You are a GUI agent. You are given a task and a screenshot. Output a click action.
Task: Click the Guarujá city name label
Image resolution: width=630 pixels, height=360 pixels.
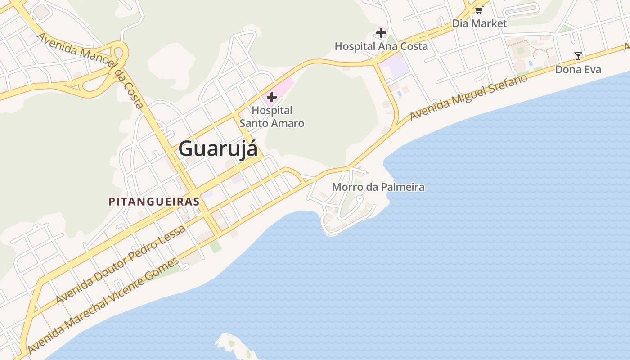point(218,148)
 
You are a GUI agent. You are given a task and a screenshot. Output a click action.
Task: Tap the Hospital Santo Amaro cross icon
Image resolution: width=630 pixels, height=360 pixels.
point(271,97)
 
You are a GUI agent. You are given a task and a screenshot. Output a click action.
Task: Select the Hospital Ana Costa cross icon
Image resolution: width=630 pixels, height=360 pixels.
point(381,32)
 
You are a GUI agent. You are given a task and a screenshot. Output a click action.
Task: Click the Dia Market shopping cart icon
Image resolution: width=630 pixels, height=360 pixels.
point(479,9)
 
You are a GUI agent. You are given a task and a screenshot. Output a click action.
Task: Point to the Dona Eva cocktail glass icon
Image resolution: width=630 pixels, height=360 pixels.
point(578,56)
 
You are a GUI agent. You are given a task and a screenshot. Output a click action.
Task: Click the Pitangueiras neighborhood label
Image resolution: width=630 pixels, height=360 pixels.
point(154,202)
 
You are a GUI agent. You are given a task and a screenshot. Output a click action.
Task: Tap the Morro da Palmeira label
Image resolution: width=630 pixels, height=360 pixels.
point(378,187)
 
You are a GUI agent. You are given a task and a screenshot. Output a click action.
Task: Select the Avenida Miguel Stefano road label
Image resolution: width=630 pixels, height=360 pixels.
point(468,98)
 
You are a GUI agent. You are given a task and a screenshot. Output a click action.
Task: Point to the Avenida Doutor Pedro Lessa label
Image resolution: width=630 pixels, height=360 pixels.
point(121,265)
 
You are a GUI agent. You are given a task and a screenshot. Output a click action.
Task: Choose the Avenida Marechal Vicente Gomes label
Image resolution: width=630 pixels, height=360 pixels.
point(103,306)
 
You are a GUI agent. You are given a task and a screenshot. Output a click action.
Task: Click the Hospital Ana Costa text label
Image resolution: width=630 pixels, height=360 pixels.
point(381,46)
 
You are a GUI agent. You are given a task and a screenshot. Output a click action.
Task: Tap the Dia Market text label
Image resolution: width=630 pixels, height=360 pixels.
point(479,23)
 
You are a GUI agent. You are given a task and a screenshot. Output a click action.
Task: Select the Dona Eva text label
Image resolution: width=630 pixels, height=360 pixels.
point(578,69)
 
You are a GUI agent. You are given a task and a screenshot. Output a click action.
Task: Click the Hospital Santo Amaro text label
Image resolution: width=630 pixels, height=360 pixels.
point(272,117)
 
